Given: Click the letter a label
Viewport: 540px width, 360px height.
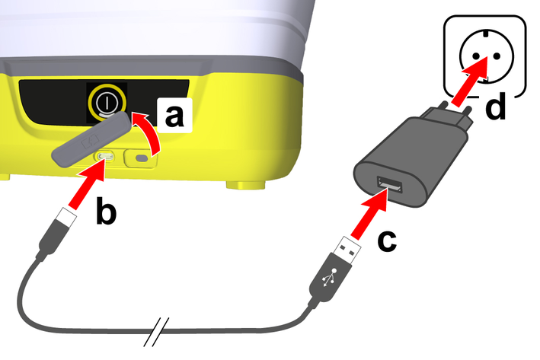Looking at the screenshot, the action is point(174,116).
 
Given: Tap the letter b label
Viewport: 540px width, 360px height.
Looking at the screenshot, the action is point(106,211).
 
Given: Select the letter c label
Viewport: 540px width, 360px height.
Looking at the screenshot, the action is point(387,241).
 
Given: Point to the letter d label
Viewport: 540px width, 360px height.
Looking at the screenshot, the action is point(495,105).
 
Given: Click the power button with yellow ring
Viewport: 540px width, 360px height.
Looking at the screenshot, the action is point(107,102).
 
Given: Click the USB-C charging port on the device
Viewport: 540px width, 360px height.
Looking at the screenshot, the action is point(105,158).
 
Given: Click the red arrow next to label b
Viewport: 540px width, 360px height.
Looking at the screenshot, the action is point(88,184).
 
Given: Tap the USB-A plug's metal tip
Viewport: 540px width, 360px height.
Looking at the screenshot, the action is point(349,250).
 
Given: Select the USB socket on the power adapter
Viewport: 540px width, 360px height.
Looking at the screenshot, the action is point(389,184).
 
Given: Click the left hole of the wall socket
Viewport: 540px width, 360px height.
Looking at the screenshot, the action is point(476,56).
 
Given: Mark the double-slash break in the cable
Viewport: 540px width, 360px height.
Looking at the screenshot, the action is point(157,332).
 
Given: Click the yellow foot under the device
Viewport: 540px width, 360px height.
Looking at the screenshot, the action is point(246,184).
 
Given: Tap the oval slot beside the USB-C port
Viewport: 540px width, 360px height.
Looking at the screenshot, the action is point(142,158).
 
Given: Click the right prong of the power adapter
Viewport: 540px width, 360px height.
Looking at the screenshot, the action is point(468,114).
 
